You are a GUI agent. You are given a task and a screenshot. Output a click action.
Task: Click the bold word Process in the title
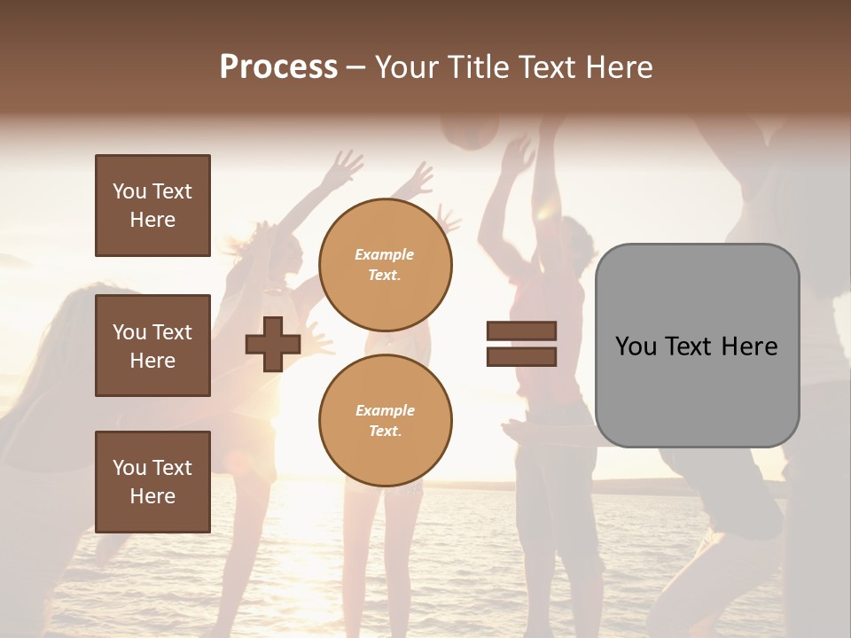(x=278, y=67)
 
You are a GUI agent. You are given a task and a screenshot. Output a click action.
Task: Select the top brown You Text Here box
(x=152, y=206)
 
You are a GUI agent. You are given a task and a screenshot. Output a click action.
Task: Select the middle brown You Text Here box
(x=152, y=346)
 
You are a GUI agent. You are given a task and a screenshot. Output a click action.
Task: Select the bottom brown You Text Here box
(x=152, y=481)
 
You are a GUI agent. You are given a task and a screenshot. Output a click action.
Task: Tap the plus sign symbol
(x=273, y=344)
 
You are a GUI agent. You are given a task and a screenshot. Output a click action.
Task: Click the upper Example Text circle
(x=385, y=265)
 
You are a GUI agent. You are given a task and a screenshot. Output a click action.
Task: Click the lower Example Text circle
(x=385, y=421)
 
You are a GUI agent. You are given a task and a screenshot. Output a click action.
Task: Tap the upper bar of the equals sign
(x=521, y=331)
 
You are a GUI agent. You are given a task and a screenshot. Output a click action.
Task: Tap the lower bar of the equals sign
(x=521, y=357)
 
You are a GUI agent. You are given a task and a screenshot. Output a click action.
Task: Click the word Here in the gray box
(x=749, y=346)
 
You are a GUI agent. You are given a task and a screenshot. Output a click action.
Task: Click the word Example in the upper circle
(x=385, y=255)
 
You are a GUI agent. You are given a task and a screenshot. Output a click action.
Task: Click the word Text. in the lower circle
(x=385, y=432)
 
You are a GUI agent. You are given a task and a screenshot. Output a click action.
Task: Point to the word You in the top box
(x=129, y=191)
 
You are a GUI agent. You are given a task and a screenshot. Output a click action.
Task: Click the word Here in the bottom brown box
(x=152, y=496)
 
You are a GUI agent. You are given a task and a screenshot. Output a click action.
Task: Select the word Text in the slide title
(x=551, y=67)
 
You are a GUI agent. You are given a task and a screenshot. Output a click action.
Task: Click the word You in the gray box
(x=636, y=346)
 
